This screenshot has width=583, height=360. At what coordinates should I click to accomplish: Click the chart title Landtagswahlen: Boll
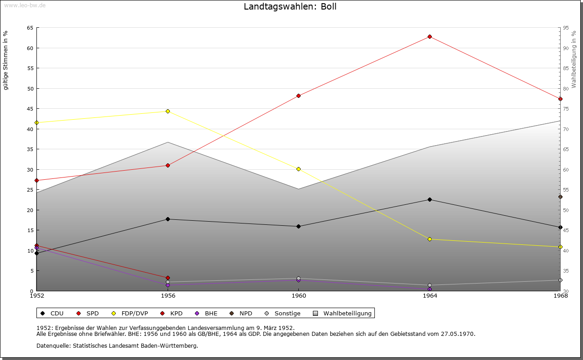coord(290,7)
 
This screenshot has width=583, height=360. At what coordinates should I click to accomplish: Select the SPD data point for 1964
coord(430,36)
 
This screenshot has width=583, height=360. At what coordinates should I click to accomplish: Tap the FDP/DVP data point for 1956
coord(168,111)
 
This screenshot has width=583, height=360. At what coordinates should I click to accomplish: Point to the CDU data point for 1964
coord(430,199)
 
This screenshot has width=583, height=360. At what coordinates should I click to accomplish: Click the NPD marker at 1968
coord(560,197)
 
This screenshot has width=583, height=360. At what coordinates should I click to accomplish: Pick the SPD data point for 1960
coord(298,96)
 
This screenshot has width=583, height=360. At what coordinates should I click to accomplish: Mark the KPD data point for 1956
coord(168,278)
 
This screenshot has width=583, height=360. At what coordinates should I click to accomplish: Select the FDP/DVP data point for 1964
coord(430,239)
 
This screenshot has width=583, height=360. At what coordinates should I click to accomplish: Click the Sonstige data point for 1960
coord(298,278)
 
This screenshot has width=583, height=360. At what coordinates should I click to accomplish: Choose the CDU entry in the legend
coord(52,313)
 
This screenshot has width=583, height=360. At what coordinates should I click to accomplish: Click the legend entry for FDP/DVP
coord(129,313)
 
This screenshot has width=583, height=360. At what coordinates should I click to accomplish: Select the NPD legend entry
coord(241,313)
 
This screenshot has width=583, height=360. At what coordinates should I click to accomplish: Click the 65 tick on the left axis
coord(30,28)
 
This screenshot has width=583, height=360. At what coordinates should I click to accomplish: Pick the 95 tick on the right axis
coord(566,28)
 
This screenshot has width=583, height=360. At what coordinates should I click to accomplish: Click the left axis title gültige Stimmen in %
coord(6,60)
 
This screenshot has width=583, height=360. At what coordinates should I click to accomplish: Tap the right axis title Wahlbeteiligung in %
coord(574,59)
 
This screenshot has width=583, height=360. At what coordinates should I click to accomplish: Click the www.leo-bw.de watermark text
coord(23,5)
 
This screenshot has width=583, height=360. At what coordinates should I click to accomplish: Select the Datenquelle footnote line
coord(117,345)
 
